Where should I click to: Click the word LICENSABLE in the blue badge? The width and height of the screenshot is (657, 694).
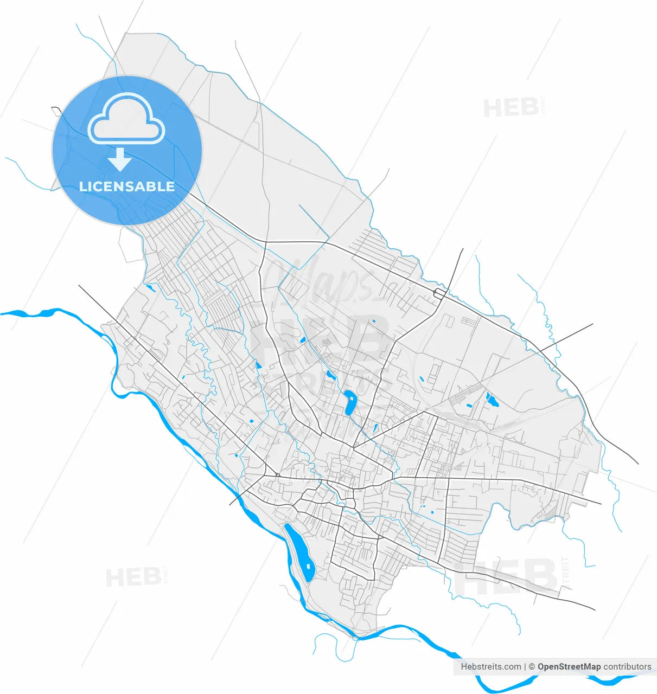(127, 187)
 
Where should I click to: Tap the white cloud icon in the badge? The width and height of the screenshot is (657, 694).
(126, 120)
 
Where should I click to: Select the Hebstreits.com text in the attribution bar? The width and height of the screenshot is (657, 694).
(490, 666)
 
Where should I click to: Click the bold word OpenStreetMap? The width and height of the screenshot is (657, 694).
(569, 666)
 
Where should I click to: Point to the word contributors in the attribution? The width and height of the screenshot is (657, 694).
(627, 666)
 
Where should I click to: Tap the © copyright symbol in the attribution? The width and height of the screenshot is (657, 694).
(532, 666)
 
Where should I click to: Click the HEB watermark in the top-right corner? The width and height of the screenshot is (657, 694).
(510, 107)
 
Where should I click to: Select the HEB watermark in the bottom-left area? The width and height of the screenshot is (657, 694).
(132, 577)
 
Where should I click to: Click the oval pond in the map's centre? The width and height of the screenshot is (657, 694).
(349, 402)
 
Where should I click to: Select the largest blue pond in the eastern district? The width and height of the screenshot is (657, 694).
(492, 401)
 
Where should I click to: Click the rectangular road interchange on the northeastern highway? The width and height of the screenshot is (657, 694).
(440, 293)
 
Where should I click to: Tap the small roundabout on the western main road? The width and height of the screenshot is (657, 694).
(277, 475)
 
